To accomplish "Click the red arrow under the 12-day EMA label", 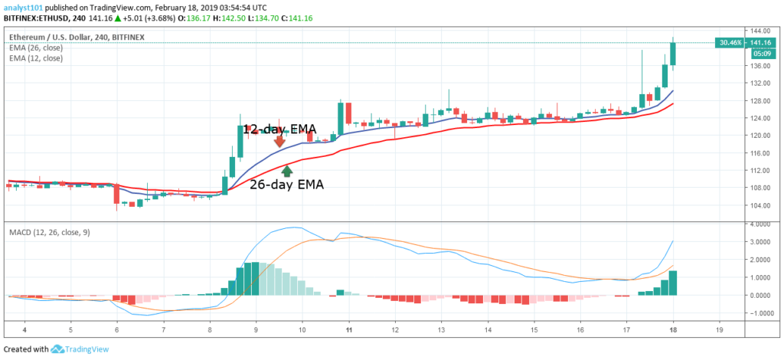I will tap(279, 141).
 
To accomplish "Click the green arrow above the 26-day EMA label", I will tap(287, 171).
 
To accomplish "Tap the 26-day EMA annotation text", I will tap(286, 185).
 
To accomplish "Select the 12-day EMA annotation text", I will tap(279, 129).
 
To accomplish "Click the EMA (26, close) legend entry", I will tap(37, 47).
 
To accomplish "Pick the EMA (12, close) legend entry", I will tap(37, 58).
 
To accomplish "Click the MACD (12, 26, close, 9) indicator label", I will tap(49, 231).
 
